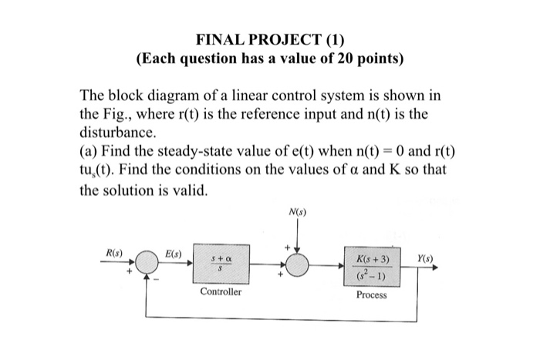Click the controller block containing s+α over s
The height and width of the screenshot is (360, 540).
tap(221, 267)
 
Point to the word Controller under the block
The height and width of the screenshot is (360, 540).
tap(221, 293)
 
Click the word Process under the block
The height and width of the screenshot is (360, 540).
tap(373, 295)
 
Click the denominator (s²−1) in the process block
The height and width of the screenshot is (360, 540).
tap(373, 276)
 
